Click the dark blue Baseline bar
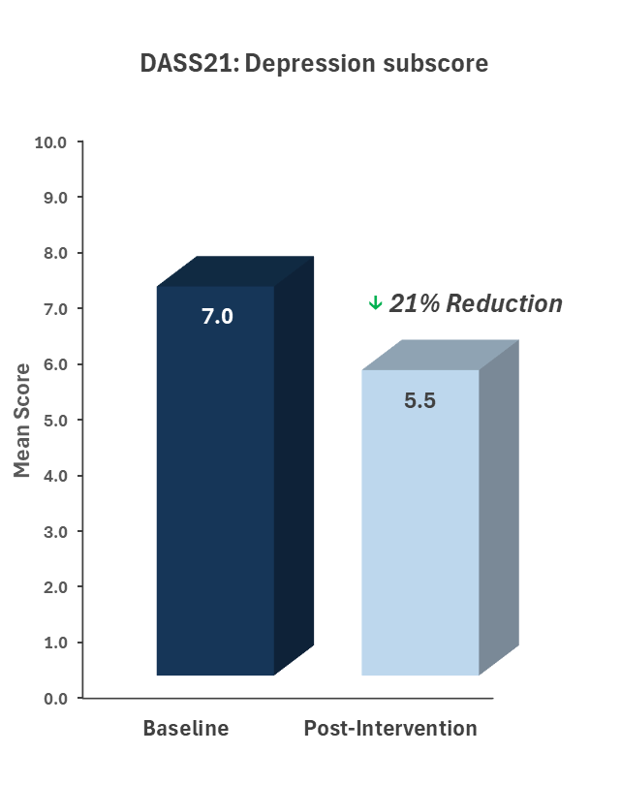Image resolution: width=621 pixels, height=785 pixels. pos(215,485)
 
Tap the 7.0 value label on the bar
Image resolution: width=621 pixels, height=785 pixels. pos(217,316)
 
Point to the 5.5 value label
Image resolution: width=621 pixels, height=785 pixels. pos(419,399)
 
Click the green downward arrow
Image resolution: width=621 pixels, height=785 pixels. pos(375,304)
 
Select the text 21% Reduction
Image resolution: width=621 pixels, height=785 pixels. pos(475,304)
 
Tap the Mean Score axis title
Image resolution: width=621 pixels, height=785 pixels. pos(21,420)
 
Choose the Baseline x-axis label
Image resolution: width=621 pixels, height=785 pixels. pos(186,729)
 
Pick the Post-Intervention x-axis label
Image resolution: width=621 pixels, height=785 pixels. pos(390,729)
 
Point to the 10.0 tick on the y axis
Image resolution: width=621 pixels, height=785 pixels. pos(49,142)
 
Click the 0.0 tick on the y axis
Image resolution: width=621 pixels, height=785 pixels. pos(53,698)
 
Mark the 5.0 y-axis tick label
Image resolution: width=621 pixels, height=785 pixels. pos(53,420)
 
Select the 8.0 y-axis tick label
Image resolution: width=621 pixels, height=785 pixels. pos(53,253)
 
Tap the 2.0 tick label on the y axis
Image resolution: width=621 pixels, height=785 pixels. pos(53,586)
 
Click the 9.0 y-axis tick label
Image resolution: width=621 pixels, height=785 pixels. pos(53,198)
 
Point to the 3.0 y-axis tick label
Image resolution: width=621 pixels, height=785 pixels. pos(53,531)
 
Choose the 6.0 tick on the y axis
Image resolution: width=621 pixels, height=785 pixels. pos(53,364)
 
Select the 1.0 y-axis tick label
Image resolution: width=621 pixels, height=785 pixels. pos(53,643)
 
